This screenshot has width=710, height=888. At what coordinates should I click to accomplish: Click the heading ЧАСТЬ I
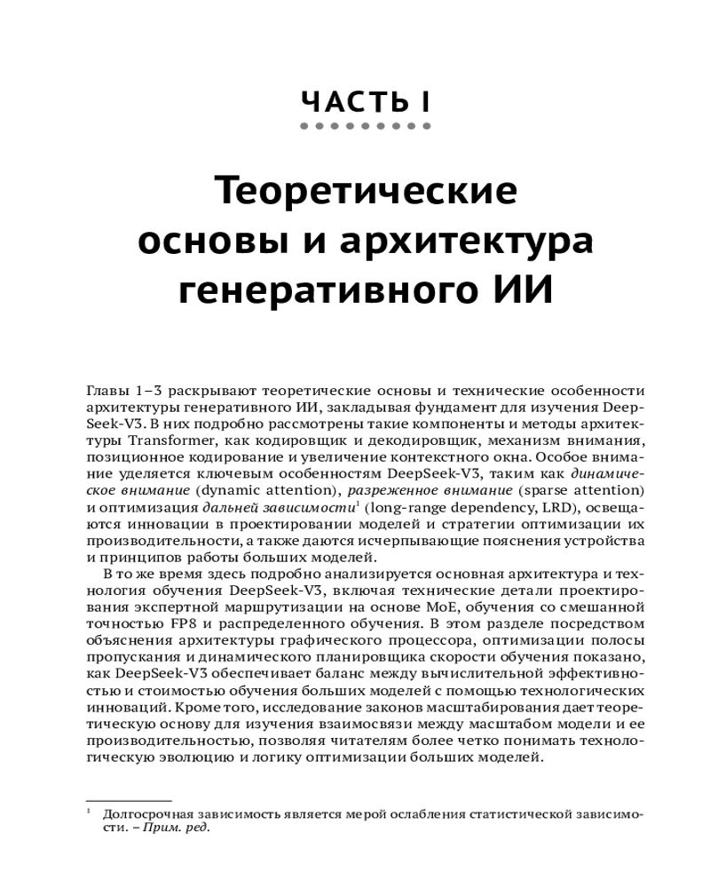pyautogui.click(x=366, y=100)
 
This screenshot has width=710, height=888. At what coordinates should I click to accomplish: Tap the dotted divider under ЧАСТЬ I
pyautogui.click(x=366, y=127)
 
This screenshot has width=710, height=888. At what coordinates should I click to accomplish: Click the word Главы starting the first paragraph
pyautogui.click(x=107, y=391)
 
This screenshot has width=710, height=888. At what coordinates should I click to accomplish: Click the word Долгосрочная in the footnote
pyautogui.click(x=151, y=814)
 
